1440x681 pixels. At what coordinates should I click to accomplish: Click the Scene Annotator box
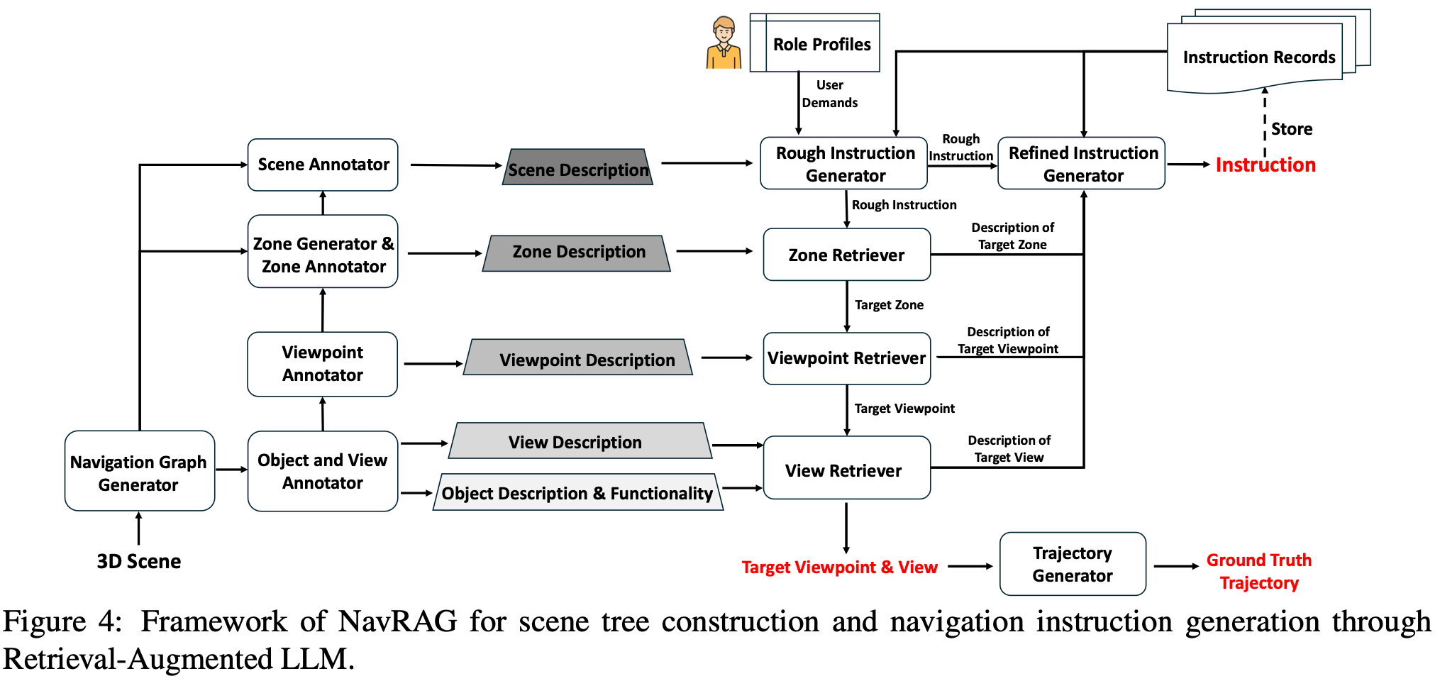point(323,165)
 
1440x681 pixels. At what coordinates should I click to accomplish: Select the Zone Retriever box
point(846,255)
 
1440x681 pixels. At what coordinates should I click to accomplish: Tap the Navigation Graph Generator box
point(139,472)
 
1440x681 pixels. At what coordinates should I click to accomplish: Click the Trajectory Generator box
point(1072,564)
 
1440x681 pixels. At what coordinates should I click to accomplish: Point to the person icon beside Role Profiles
point(723,44)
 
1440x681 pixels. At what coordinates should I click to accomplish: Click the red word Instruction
point(1265,165)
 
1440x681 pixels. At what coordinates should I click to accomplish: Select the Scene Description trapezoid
point(577,168)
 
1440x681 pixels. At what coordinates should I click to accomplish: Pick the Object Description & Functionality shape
point(577,492)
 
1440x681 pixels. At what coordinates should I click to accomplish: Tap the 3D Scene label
point(139,561)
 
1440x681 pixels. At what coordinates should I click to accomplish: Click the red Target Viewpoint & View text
point(839,567)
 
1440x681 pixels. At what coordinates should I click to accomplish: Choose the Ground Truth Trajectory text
point(1258,571)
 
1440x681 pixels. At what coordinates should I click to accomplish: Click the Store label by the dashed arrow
point(1291,129)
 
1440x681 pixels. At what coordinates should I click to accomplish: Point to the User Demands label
point(829,94)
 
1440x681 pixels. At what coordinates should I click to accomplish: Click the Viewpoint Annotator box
point(323,364)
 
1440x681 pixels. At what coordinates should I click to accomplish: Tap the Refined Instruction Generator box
point(1082,164)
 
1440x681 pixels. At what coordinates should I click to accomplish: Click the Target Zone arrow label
point(888,305)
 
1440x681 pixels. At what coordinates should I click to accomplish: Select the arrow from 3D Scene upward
point(139,528)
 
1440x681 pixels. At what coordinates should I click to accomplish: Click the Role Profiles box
point(821,44)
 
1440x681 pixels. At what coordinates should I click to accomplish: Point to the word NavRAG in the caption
point(397,621)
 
